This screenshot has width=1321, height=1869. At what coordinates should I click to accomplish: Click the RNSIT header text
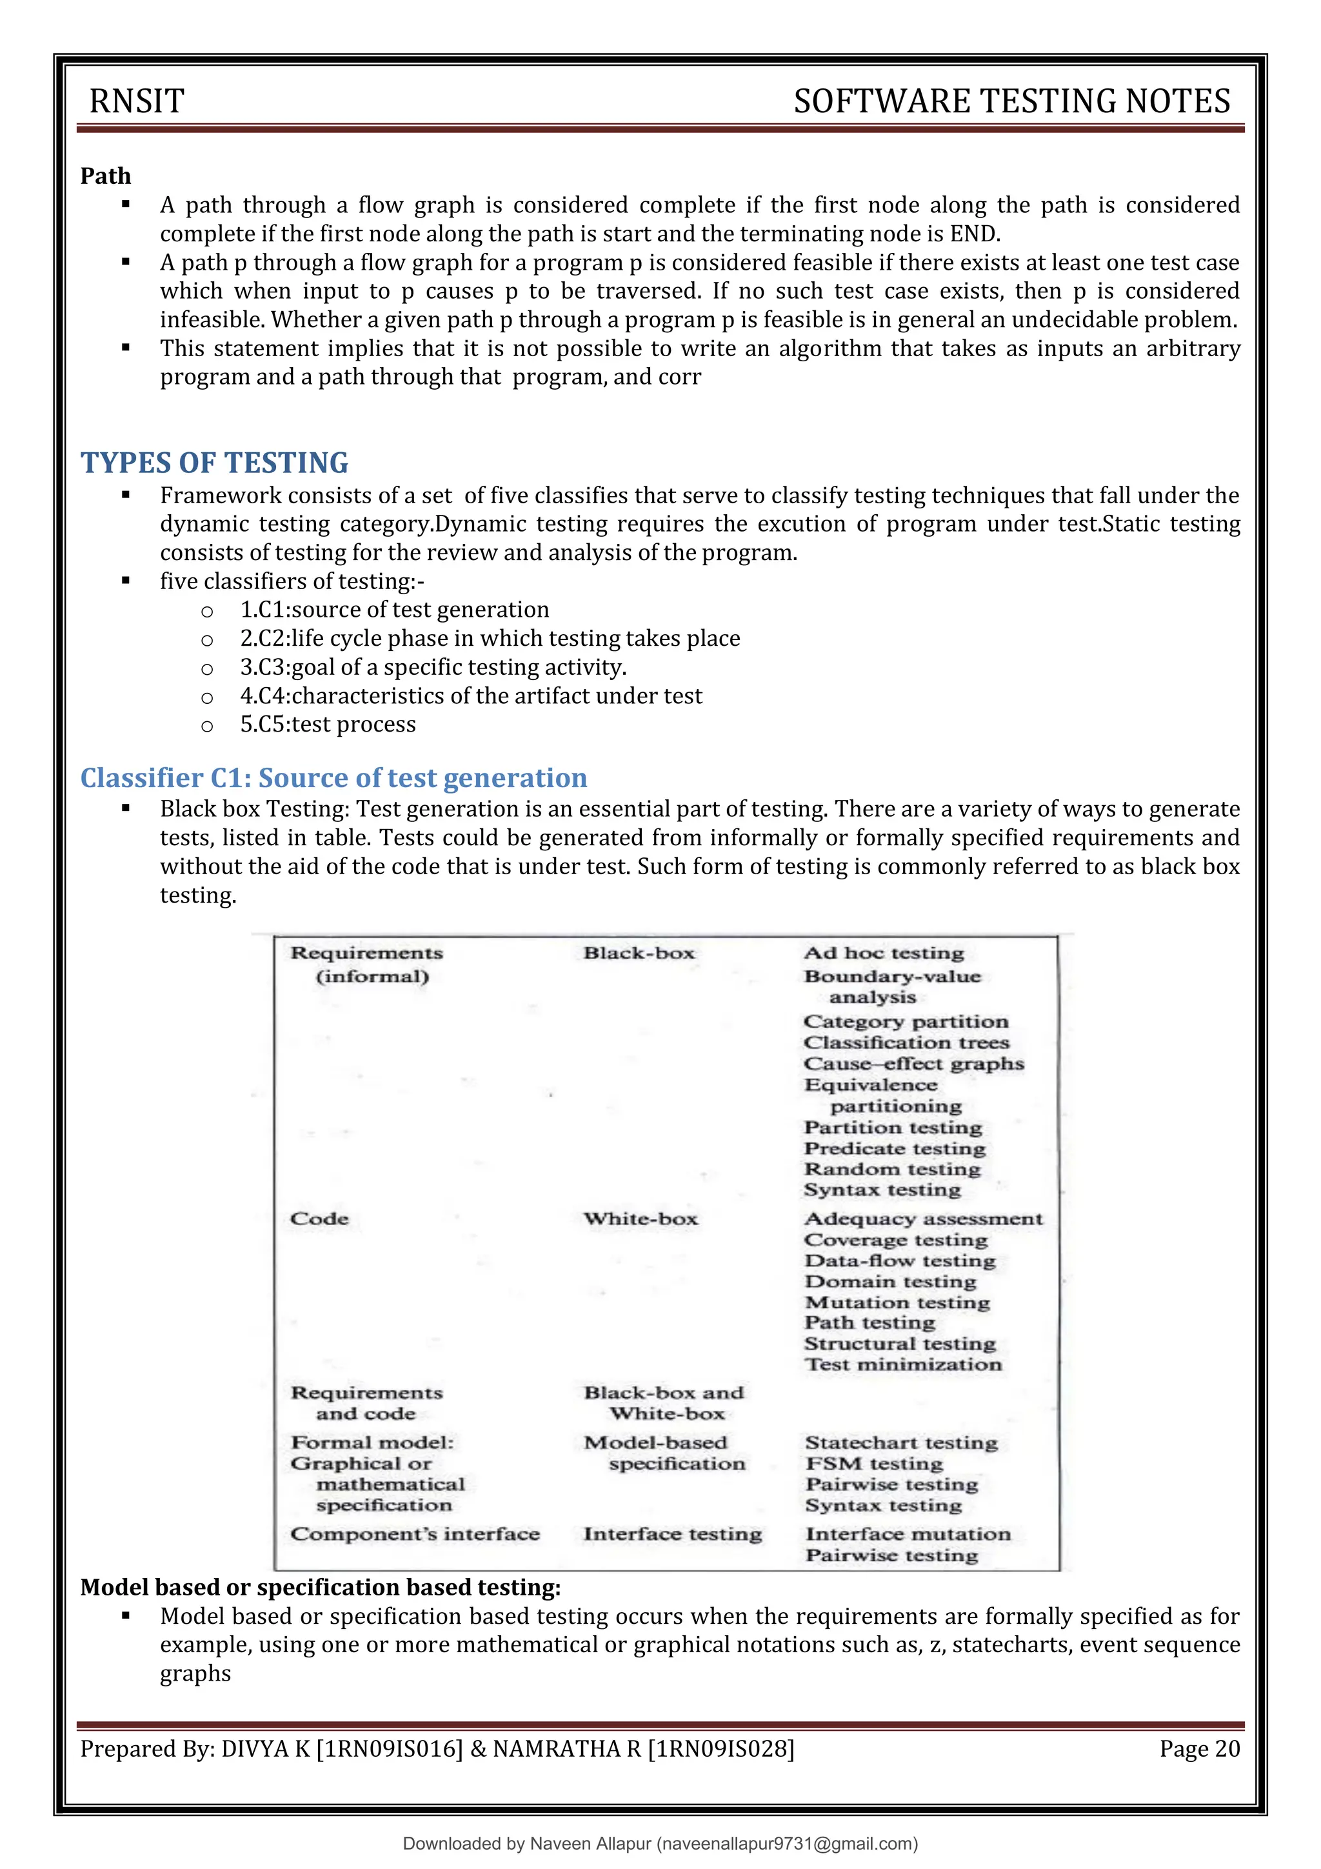[x=137, y=102]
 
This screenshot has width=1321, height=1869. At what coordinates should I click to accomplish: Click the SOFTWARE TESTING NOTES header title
[x=1011, y=102]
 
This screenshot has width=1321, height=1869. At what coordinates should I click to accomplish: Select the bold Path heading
[x=105, y=176]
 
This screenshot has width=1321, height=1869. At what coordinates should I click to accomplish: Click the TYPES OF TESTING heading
[x=214, y=463]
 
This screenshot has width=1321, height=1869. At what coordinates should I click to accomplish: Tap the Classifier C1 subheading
[x=333, y=777]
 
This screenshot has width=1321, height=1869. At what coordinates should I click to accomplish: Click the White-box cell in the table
[x=641, y=1219]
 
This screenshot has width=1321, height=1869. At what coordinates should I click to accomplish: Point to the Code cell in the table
[x=319, y=1219]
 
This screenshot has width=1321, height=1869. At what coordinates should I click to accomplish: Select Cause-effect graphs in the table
[x=913, y=1063]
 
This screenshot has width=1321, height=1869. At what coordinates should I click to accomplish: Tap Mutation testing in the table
[x=897, y=1303]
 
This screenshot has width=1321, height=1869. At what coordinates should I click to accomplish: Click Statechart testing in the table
[x=901, y=1443]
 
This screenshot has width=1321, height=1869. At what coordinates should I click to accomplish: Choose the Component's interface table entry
[x=415, y=1534]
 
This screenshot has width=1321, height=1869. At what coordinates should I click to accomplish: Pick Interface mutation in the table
[x=908, y=1534]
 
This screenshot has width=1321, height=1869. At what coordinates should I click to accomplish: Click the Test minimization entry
[x=902, y=1364]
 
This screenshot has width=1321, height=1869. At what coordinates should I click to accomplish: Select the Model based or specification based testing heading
[x=321, y=1586]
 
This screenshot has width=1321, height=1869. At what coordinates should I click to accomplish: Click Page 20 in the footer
[x=1199, y=1748]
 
